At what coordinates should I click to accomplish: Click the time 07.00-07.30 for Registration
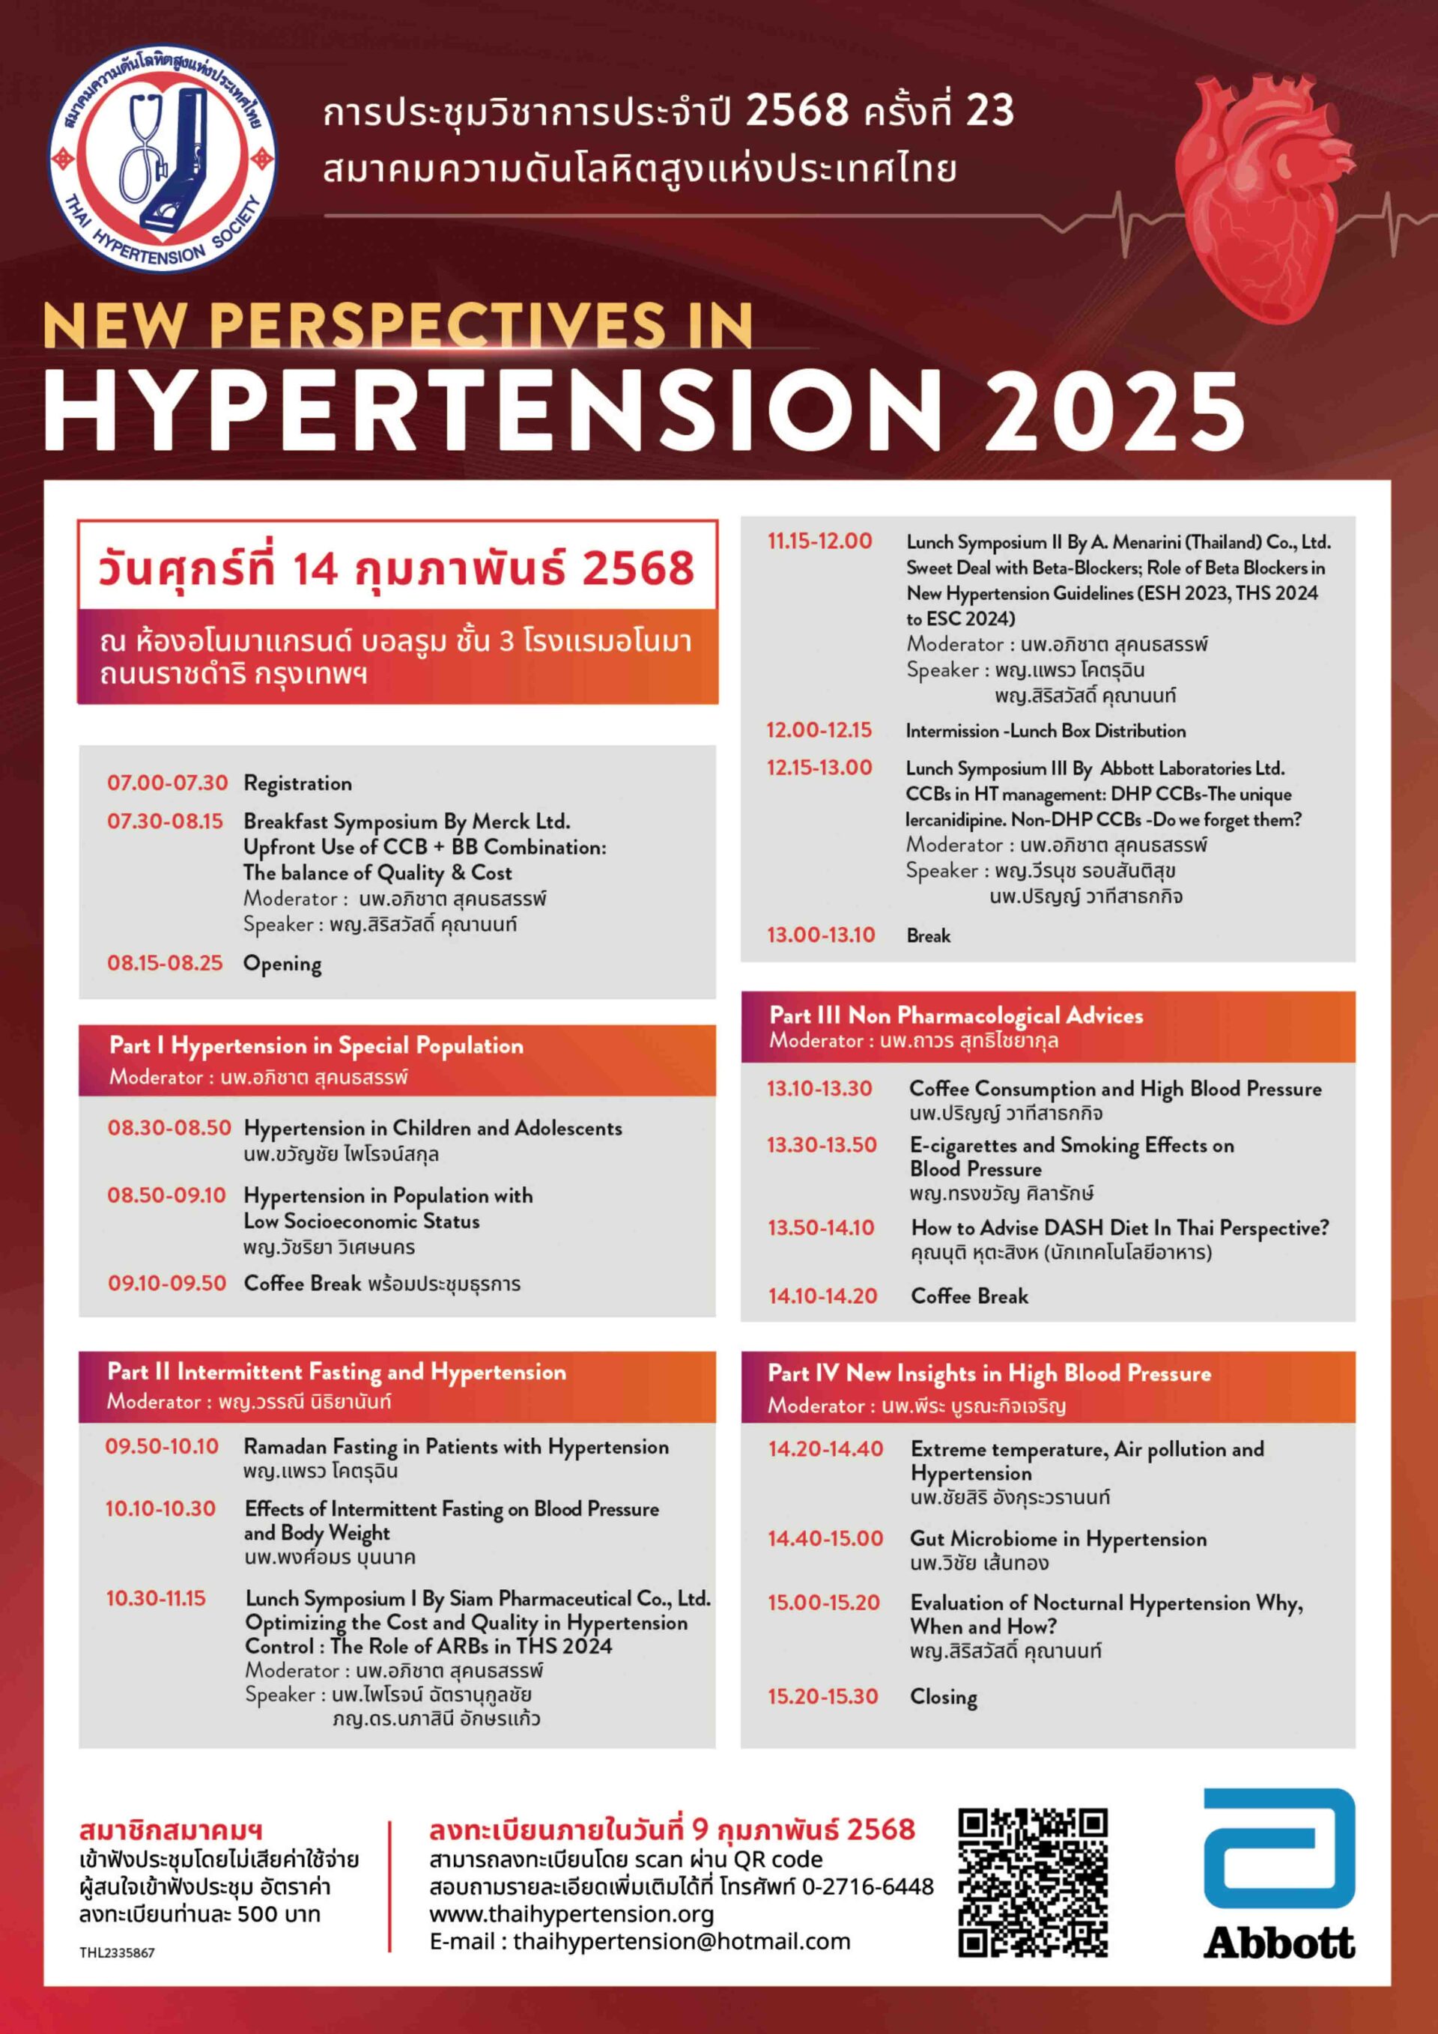[168, 783]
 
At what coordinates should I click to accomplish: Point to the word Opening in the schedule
[282, 963]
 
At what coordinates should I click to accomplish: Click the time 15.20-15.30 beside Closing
[822, 1695]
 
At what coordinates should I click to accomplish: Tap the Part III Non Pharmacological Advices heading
[955, 1016]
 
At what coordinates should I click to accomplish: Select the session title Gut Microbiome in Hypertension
[1058, 1538]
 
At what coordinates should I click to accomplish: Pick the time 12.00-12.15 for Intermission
[819, 730]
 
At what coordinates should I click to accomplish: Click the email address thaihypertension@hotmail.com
[681, 1941]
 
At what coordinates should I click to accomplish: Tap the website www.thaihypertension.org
[571, 1913]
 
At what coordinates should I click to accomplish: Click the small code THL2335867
[116, 1952]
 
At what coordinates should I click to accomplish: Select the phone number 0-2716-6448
[867, 1886]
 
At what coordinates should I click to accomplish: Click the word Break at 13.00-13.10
[928, 935]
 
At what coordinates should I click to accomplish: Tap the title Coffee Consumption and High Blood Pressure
[1114, 1088]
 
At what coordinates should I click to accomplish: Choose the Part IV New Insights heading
[989, 1373]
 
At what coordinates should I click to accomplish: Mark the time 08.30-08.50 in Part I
[169, 1128]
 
